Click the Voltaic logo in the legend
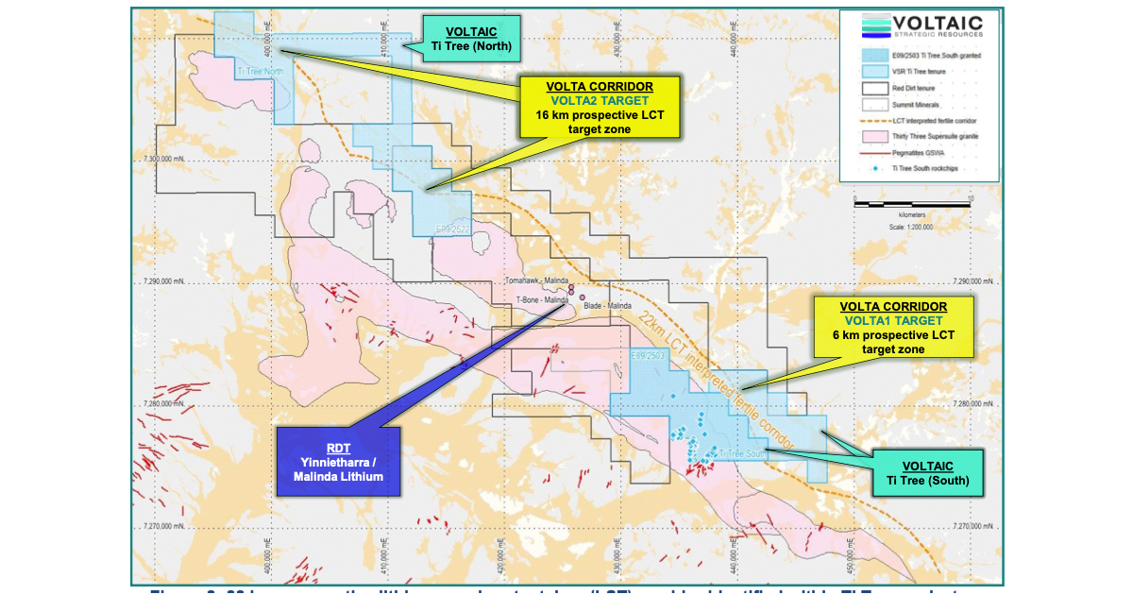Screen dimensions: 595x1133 coord(920,27)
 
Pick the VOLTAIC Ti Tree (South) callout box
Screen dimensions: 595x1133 coord(927,473)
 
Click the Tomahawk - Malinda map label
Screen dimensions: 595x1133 coord(536,281)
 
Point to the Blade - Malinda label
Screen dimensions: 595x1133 coord(608,306)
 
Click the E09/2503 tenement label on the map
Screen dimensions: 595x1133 coord(649,355)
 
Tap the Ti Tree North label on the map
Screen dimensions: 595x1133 coord(260,71)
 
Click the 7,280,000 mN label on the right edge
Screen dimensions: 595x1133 coord(976,404)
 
